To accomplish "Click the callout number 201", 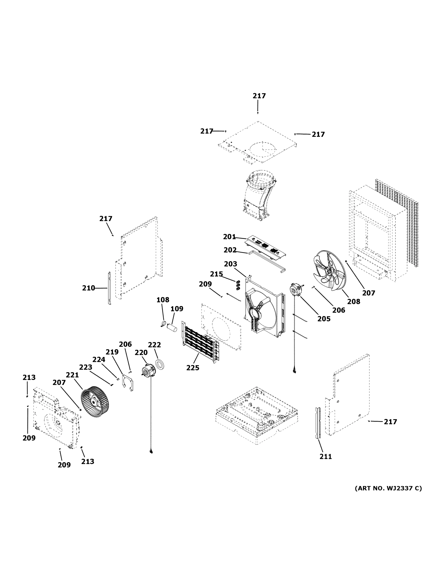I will (229, 237).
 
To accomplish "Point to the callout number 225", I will (193, 368).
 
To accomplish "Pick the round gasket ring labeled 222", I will (160, 364).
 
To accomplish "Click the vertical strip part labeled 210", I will (110, 288).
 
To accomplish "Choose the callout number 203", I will (231, 264).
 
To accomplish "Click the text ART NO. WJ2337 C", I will (388, 488).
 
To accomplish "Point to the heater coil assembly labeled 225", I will (200, 342).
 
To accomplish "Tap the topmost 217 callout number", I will (259, 96).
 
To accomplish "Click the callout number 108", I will (163, 300).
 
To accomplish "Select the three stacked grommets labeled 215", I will (238, 285).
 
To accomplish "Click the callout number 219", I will (112, 352).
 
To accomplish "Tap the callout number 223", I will (86, 367).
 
